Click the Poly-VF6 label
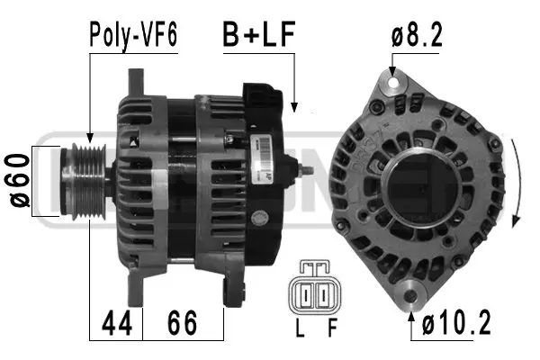(132, 34)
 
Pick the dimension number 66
(183, 322)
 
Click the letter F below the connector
(332, 329)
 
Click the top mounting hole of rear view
(391, 84)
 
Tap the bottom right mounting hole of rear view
(412, 293)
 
